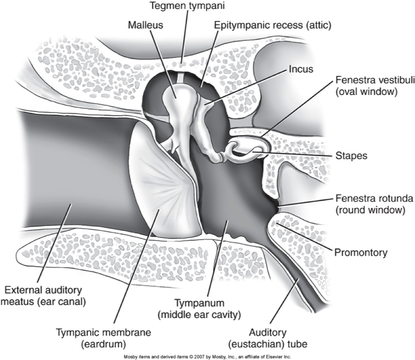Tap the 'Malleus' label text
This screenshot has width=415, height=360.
tap(145, 25)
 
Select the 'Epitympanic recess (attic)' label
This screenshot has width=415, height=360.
tap(272, 25)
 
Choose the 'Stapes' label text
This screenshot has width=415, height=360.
tap(352, 156)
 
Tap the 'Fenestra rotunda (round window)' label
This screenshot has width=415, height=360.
tap(370, 204)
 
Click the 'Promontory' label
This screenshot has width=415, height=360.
tap(361, 252)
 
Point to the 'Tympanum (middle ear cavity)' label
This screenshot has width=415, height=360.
tap(199, 308)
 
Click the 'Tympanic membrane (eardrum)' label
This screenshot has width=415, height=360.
tap(104, 339)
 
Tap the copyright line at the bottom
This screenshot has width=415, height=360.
tap(207, 357)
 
